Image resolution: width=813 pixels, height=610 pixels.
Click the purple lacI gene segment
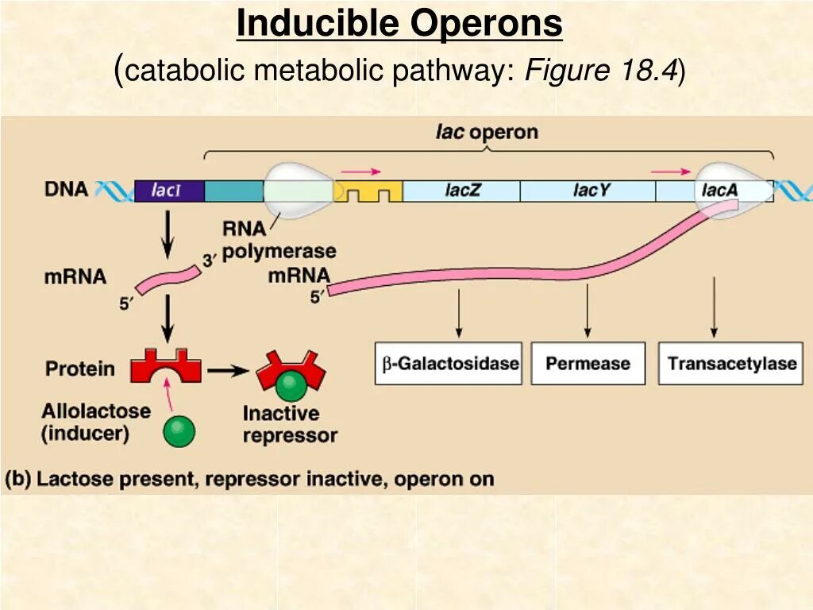tap(169, 191)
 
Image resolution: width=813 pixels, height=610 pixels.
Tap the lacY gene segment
tap(588, 191)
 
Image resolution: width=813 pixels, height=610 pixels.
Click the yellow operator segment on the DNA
tap(369, 192)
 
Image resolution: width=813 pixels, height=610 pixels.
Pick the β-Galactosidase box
tap(448, 364)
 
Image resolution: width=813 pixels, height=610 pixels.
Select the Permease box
tap(588, 364)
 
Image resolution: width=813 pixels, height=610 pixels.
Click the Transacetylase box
tap(730, 364)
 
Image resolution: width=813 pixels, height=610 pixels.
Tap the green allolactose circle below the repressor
tap(179, 432)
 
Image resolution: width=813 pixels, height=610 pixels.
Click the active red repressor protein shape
tap(165, 365)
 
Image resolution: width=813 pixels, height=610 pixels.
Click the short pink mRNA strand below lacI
tap(168, 278)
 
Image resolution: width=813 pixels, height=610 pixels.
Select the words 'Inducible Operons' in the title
tap(399, 25)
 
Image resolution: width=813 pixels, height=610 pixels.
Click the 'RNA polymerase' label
tap(278, 241)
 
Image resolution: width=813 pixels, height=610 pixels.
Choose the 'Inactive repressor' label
tap(290, 424)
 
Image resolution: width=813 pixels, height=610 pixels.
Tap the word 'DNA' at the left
tap(66, 190)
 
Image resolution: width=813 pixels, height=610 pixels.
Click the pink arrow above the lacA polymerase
tap(671, 171)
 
